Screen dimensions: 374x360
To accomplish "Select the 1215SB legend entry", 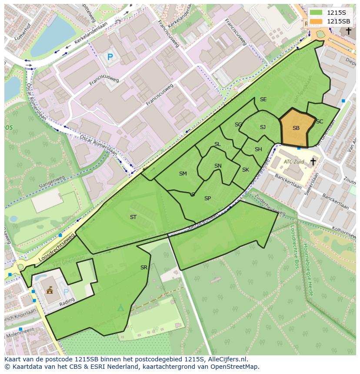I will point(330,21).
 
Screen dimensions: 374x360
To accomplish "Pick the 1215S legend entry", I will point(330,13).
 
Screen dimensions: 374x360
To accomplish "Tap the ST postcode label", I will point(133,217).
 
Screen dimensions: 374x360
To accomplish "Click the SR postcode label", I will point(144,268).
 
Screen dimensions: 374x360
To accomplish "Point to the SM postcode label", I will point(183,174).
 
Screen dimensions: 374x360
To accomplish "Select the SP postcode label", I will point(207,199).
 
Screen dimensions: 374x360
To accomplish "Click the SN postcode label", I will point(218,166).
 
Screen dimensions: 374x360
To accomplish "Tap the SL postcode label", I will point(217,144).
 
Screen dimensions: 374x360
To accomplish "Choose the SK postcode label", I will point(245,170).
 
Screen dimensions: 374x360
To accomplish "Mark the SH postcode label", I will point(258,149).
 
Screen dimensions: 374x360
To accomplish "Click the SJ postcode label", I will point(263,127).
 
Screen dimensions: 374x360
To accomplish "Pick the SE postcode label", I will point(263,99).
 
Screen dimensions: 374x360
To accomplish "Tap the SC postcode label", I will point(320,122).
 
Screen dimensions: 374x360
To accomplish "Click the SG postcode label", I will point(238,125).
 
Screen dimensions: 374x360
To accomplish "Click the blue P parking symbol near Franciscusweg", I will point(110,57).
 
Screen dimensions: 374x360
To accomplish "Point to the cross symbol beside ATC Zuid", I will point(313,162).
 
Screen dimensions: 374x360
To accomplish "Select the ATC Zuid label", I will point(294,162).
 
